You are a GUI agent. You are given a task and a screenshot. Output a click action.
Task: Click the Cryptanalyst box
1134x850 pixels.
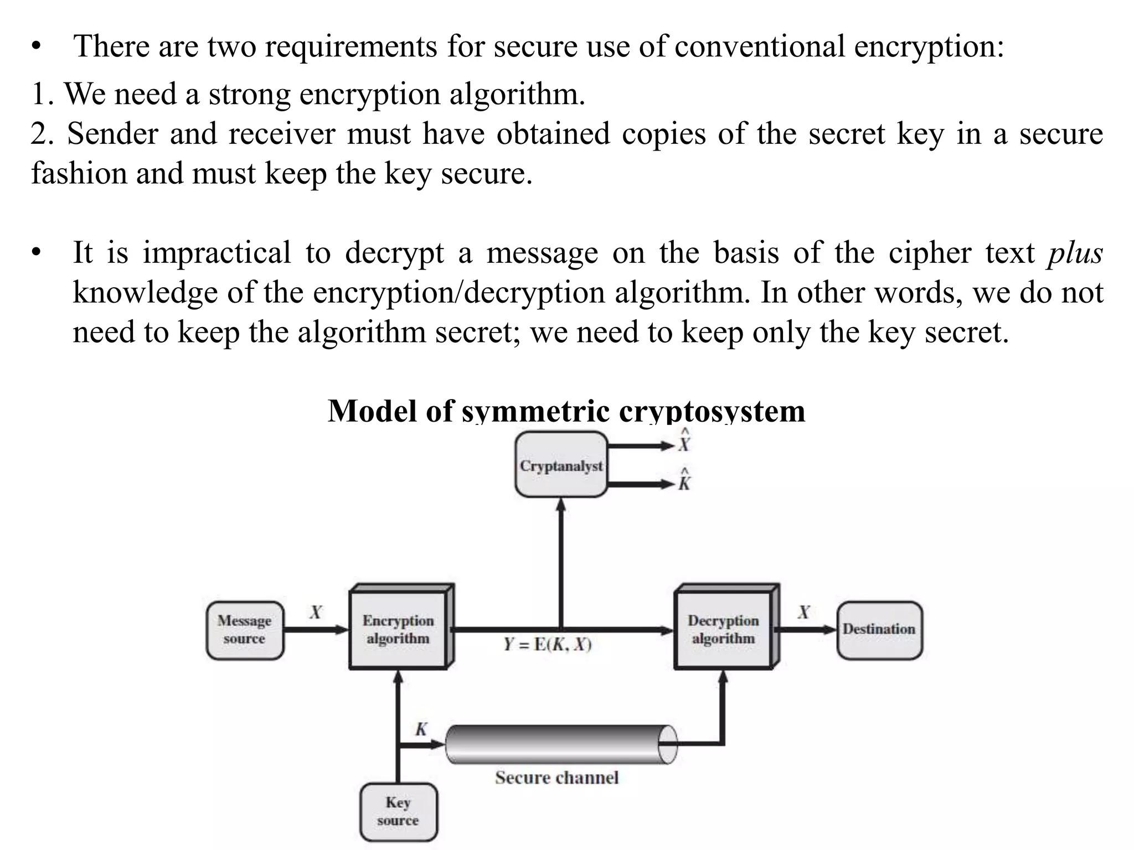point(561,465)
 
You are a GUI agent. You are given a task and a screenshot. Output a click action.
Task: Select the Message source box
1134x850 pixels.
point(244,630)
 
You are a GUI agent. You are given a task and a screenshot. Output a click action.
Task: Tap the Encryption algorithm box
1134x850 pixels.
point(398,630)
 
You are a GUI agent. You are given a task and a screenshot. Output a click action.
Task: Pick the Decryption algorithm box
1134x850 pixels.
point(723,630)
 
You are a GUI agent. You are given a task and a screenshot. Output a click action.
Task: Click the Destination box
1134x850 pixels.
point(879,630)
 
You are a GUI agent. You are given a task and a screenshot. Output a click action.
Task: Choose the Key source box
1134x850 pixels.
point(398,811)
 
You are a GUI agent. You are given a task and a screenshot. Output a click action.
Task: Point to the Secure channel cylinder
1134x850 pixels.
point(559,744)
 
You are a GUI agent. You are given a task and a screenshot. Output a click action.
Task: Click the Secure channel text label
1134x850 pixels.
point(556,778)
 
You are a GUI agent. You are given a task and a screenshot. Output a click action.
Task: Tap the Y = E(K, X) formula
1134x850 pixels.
point(548,645)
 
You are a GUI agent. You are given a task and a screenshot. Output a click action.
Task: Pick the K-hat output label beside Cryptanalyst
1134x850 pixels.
point(684,481)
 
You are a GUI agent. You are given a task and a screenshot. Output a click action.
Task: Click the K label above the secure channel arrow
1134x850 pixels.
point(421,729)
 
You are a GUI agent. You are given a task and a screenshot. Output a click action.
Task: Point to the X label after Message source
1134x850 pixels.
point(316,612)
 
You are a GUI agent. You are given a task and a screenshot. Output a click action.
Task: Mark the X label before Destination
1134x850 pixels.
point(803,612)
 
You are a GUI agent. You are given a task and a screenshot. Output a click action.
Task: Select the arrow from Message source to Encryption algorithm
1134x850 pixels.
point(316,630)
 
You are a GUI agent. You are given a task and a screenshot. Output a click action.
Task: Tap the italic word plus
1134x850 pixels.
point(1075,253)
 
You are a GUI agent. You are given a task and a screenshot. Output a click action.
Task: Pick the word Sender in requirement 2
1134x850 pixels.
point(112,134)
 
